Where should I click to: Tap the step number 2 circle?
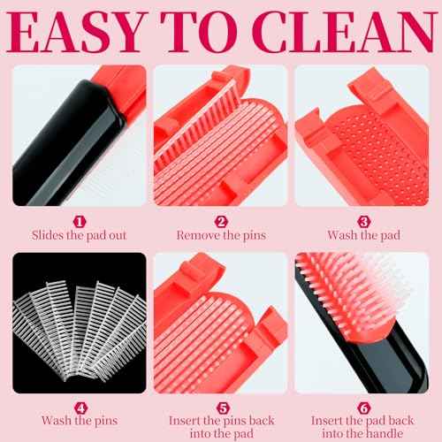221,219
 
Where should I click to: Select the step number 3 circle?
364,219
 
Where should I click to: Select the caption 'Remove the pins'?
221,235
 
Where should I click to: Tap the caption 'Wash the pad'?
364,235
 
